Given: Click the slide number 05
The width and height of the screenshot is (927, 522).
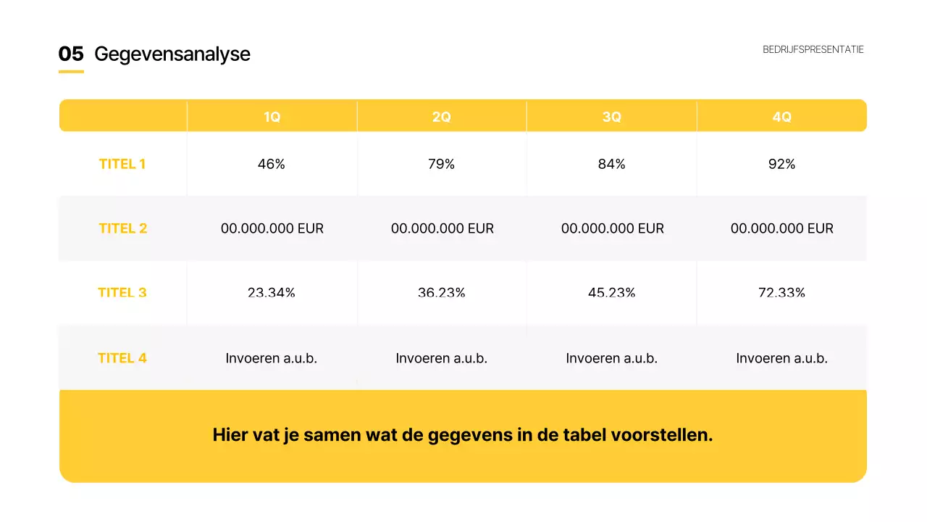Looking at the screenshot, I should coord(71,54).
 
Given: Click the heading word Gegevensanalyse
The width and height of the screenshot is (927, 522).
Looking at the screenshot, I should coord(172,54).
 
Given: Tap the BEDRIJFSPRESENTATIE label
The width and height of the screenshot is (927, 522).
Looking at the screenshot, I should coord(813,49).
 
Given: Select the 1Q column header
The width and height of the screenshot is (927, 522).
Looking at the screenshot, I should coord(272,117).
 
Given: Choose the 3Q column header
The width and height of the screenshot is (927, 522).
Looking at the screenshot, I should coord(612,117).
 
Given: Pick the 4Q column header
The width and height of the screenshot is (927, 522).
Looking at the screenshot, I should coord(781,117).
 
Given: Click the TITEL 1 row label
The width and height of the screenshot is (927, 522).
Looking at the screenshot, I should coord(122,164).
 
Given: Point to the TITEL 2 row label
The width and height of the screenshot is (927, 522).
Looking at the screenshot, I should coord(122,228).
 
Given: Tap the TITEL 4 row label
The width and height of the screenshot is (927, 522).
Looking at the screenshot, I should coord(122,358).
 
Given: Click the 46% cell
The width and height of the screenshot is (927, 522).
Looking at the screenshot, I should coord(272,165).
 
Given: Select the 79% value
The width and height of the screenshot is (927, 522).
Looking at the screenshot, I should coord(441,165).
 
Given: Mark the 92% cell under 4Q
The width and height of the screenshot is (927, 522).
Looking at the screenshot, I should coord(781,165).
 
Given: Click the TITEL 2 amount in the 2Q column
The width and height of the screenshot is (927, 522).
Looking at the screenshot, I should coord(442,228).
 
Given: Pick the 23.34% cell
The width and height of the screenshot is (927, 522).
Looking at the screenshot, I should coord(272,293).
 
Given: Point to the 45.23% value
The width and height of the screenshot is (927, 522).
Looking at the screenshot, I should coord(612,293).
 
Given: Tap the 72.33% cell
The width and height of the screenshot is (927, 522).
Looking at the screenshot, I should coord(781,293).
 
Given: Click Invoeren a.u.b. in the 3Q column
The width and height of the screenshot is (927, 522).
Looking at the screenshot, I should coord(612,358).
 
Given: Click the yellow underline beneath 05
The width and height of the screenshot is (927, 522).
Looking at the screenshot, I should coord(71,71).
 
